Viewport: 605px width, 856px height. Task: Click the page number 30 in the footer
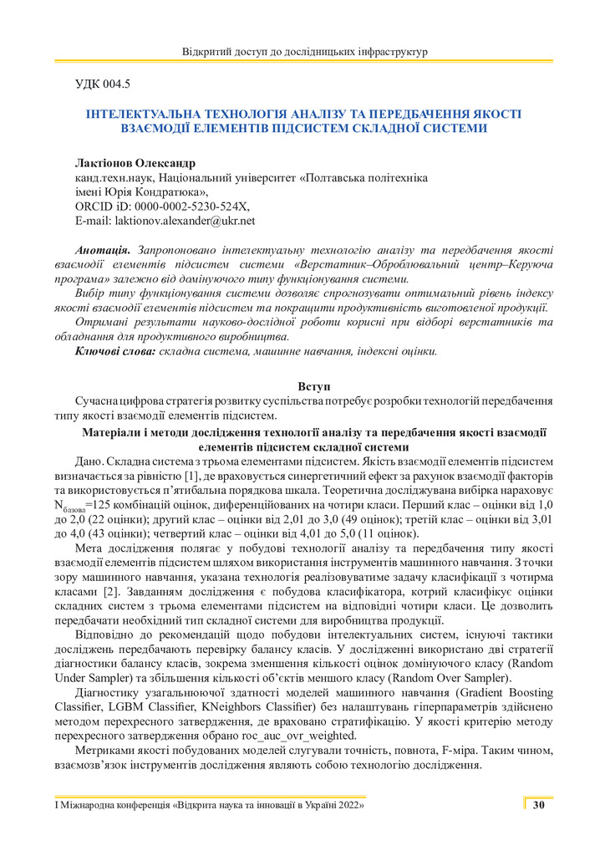[x=538, y=805]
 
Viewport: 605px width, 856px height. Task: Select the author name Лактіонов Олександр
[x=135, y=162]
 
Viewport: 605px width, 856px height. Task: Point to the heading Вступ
[x=314, y=386]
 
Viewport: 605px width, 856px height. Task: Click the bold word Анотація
[x=102, y=250]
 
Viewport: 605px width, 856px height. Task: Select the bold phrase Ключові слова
[x=115, y=351]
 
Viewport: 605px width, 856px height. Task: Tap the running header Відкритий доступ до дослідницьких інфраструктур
[x=304, y=53]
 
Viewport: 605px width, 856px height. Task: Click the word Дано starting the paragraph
[x=89, y=461]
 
